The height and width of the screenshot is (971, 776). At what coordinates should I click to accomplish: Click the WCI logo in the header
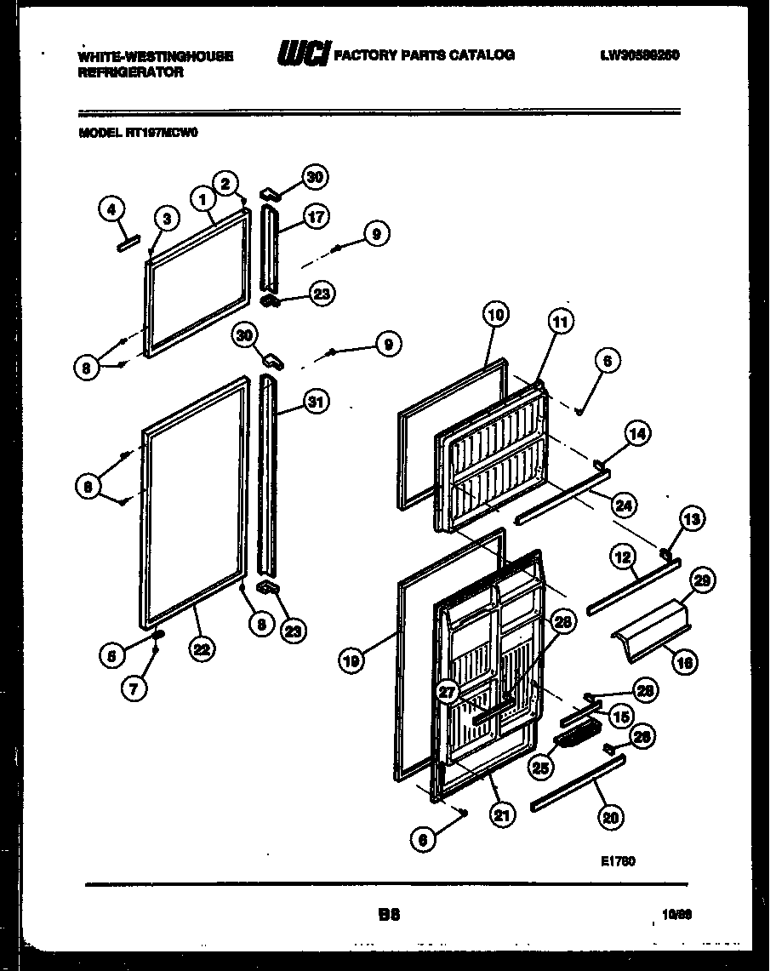pos(303,55)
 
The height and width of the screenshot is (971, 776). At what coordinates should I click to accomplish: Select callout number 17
pos(317,216)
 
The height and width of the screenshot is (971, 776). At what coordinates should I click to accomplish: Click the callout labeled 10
pos(496,314)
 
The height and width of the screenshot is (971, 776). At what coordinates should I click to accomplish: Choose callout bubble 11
pos(560,323)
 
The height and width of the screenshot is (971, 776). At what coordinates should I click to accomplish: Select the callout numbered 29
pos(702,581)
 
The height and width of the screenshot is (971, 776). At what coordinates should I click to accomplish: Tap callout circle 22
pos(202,648)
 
